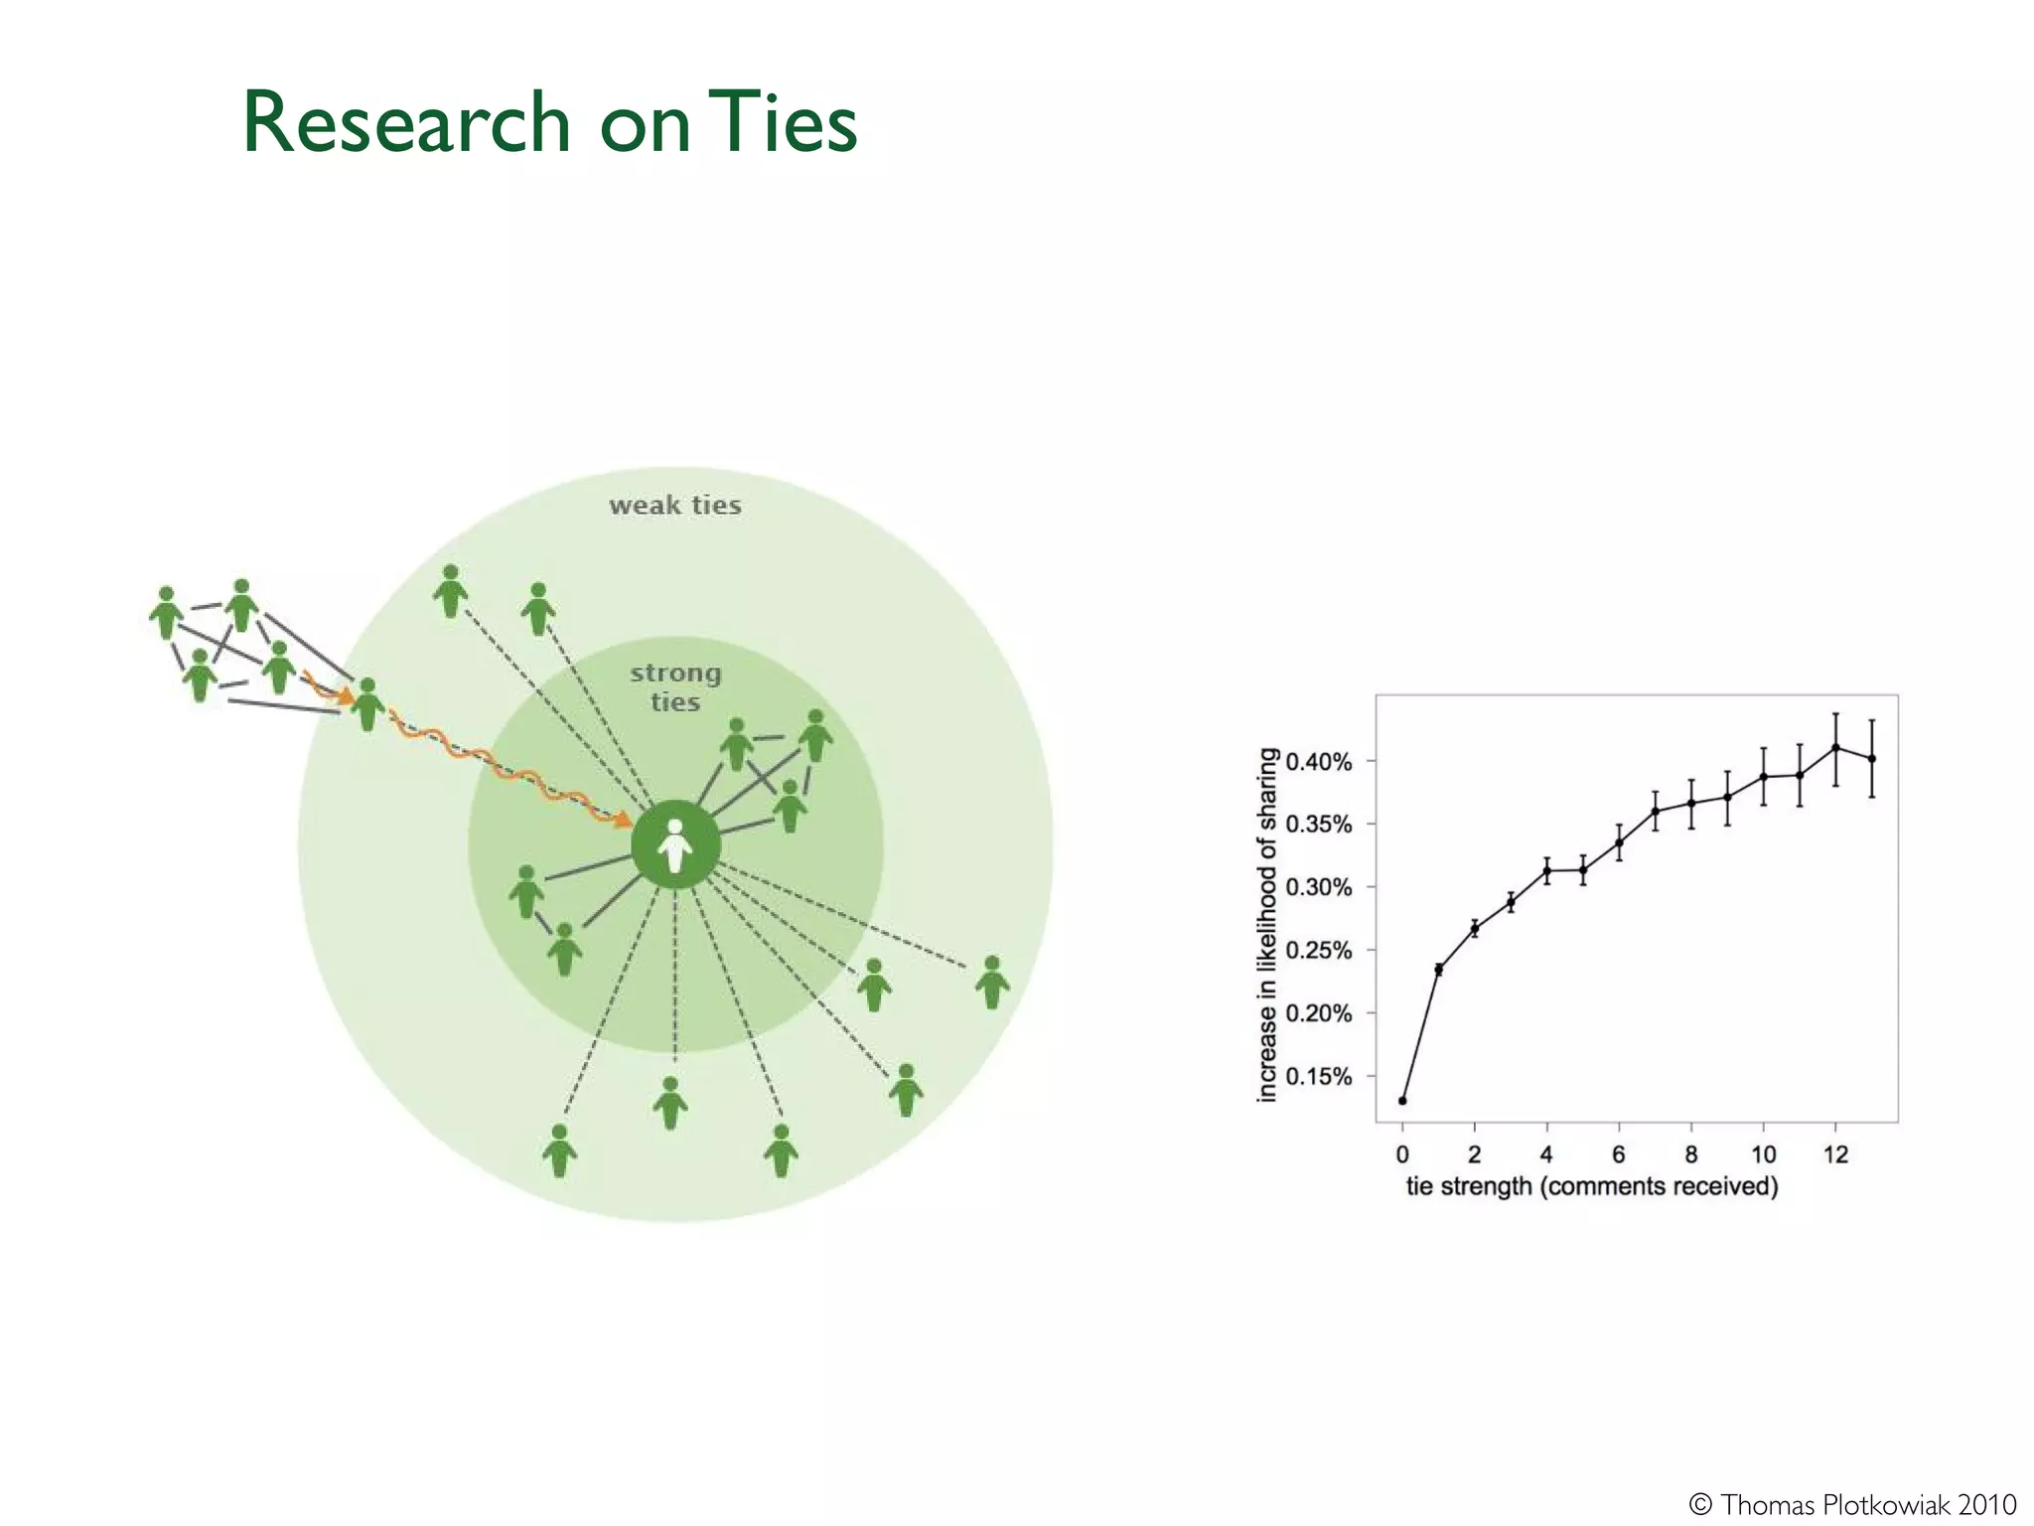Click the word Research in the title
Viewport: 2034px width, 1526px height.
pos(406,122)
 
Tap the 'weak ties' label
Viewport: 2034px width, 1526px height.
pos(675,505)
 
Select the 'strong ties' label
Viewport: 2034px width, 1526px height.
pos(675,687)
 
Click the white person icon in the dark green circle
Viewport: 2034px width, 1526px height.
pos(675,845)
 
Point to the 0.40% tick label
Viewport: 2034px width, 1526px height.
pos(1318,762)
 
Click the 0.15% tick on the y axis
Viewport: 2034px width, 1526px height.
pos(1318,1076)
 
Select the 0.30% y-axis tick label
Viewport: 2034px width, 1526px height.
pos(1318,887)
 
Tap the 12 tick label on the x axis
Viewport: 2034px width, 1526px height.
pos(1835,1154)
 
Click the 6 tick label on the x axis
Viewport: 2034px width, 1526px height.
pos(1619,1154)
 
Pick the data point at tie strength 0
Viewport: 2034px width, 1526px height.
pos(1402,1101)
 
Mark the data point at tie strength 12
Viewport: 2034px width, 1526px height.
pos(1835,747)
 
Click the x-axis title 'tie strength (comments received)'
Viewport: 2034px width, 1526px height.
pos(1591,1186)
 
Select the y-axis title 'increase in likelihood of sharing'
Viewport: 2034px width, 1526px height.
pos(1267,925)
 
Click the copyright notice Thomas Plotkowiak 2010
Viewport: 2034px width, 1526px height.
pos(1852,1504)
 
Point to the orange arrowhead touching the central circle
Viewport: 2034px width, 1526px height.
pos(624,820)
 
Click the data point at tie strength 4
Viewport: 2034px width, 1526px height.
pos(1546,870)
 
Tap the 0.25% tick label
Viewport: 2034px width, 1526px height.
pos(1318,951)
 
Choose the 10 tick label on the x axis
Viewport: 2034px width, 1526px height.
pos(1763,1154)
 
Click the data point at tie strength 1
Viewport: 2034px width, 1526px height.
pos(1438,970)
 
